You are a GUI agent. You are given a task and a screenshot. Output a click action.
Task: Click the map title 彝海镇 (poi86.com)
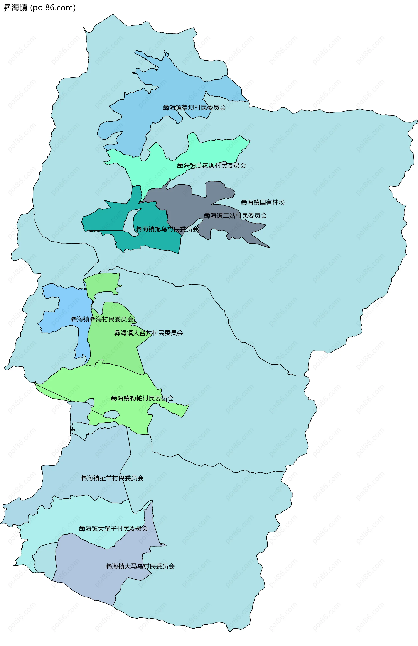[39, 8]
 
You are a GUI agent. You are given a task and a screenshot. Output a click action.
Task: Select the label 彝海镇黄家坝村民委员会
[212, 166]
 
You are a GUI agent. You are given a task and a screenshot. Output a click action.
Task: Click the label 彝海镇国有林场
[263, 202]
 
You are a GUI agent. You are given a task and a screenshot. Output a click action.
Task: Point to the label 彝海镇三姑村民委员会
[235, 216]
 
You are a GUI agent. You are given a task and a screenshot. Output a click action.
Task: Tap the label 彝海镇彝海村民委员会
[102, 319]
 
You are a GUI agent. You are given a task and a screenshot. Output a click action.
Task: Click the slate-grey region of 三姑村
[190, 201]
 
